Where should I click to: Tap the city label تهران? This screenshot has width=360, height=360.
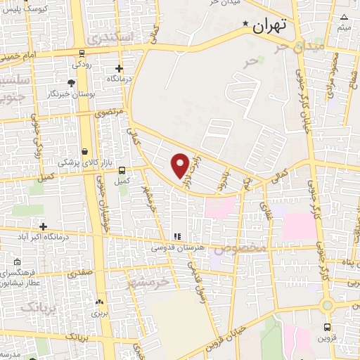(270, 27)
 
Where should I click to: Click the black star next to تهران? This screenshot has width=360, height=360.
(245, 26)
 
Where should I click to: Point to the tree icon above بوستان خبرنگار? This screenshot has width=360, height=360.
(72, 83)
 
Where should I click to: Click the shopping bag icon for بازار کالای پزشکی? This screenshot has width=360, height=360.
(85, 151)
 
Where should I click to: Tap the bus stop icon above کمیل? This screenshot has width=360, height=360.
(122, 170)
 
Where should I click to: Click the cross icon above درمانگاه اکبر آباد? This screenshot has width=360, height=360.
(44, 226)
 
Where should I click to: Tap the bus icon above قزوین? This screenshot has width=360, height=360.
(328, 327)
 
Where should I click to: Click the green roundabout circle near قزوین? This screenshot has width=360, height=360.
(327, 304)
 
